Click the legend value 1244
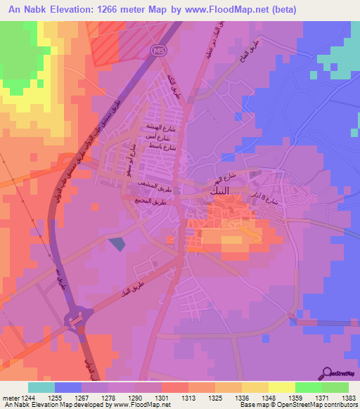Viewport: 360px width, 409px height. click(27, 398)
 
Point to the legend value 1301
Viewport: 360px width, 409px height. click(160, 398)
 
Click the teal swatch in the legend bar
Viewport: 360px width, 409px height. click(41, 387)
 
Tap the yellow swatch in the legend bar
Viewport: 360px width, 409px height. click(281, 387)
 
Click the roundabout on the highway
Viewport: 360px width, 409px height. click(75, 320)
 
